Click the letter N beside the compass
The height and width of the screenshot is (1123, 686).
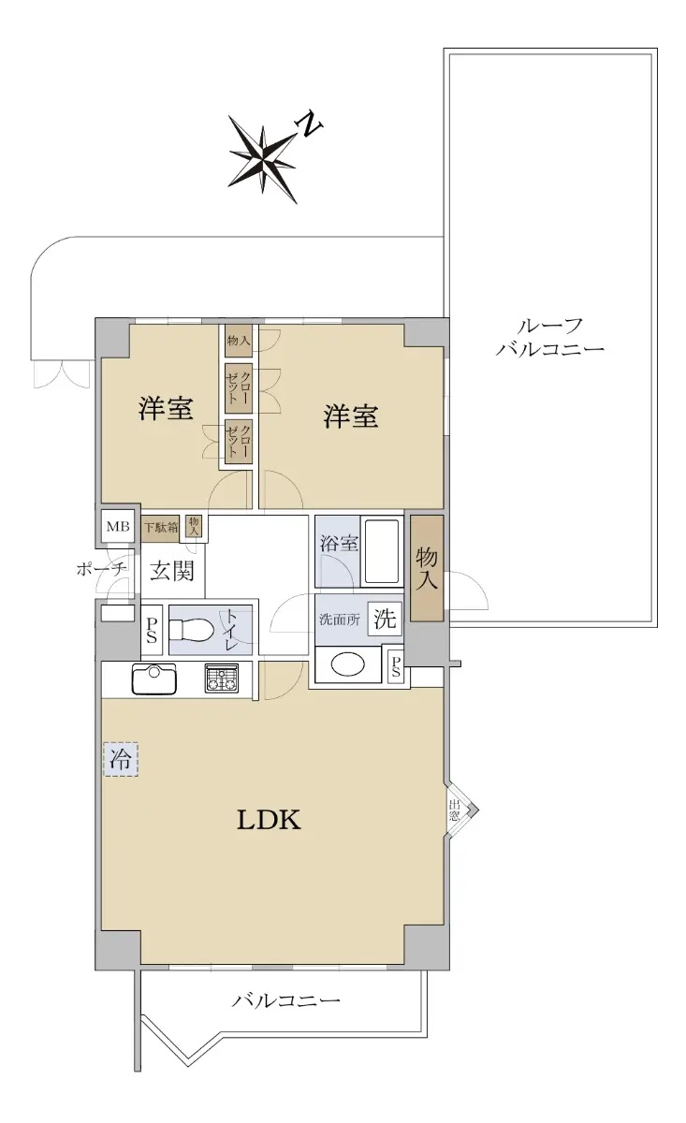[309, 124]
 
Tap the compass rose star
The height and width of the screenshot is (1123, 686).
[263, 159]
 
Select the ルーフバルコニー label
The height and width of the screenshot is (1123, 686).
[550, 338]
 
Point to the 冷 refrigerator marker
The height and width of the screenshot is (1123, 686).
[121, 760]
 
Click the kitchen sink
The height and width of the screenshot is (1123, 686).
[153, 678]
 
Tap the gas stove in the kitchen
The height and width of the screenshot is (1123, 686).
[221, 678]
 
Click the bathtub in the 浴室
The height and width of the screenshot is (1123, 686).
[382, 552]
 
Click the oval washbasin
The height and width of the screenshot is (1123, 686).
[349, 665]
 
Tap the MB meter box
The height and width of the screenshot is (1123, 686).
[118, 526]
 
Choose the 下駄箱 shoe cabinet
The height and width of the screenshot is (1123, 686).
[160, 528]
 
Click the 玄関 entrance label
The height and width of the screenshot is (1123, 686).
[171, 571]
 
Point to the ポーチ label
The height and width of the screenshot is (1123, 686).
[101, 569]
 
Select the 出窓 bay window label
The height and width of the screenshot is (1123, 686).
[454, 809]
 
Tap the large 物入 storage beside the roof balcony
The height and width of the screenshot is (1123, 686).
[427, 568]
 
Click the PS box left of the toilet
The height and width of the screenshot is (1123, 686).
[152, 630]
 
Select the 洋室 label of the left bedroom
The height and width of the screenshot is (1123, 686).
[166, 408]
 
